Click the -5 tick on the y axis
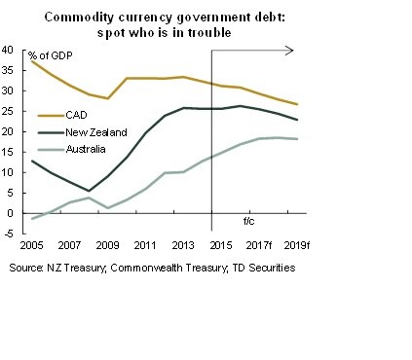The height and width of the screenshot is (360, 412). [x=8, y=234]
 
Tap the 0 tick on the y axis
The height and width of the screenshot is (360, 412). [x=10, y=213]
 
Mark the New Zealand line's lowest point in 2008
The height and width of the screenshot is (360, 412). [x=89, y=191]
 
